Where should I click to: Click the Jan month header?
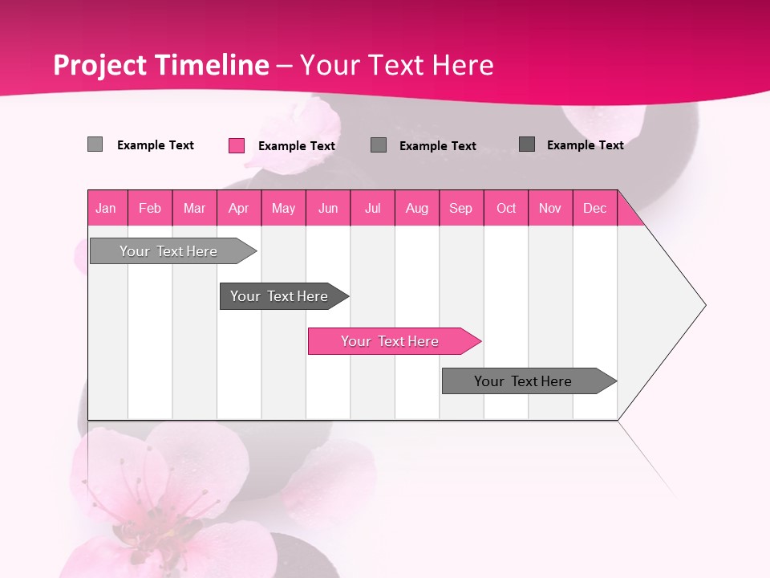coord(107,208)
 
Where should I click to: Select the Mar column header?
coord(194,208)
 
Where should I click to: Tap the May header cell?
coord(283,208)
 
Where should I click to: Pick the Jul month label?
coord(372,208)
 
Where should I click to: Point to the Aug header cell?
coord(417,208)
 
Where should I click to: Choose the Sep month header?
coord(461,208)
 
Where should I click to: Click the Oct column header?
coord(506,208)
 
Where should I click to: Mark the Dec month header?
coord(595,208)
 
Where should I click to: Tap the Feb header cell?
coord(150,208)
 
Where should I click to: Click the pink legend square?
coord(237,145)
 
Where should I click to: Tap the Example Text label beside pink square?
coord(296,146)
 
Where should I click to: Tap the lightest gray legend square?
coord(95,144)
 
